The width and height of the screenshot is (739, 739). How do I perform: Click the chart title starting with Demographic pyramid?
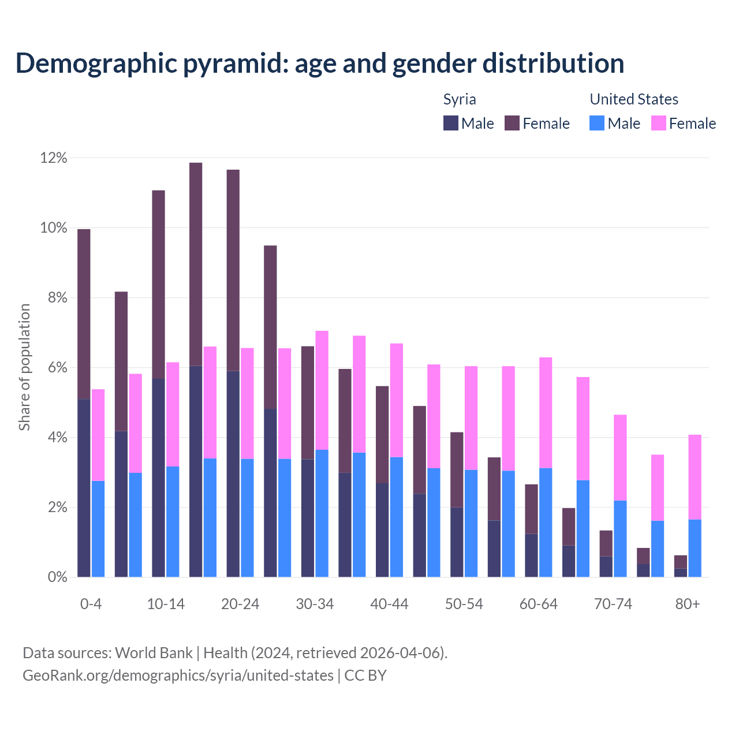[x=319, y=64]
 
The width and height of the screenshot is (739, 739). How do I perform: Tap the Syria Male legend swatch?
[x=450, y=123]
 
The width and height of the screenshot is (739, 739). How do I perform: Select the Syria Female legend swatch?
[x=512, y=123]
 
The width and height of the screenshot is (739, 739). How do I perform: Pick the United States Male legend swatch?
[x=597, y=123]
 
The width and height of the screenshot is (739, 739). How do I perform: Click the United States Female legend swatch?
[x=658, y=123]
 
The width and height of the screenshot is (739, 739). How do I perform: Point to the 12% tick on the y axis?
[x=53, y=158]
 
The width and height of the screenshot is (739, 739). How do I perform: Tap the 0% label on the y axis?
[x=57, y=577]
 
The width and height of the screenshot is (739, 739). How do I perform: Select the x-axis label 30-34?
[x=315, y=604]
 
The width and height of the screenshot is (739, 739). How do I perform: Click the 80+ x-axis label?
[x=687, y=604]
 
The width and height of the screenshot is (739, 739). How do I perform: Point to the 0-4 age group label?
[x=91, y=604]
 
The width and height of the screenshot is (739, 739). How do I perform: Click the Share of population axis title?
[x=24, y=367]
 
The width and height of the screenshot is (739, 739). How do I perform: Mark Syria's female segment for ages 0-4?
[x=84, y=314]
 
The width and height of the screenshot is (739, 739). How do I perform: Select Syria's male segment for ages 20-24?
[x=233, y=473]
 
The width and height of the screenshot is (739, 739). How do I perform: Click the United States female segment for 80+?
[x=695, y=477]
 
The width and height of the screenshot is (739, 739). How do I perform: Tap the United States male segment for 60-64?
[x=546, y=522]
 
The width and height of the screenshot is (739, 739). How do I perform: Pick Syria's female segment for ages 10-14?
[x=158, y=284]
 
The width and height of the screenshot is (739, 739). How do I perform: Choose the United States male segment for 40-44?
[x=397, y=517]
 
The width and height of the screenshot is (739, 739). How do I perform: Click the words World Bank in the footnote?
[x=154, y=653]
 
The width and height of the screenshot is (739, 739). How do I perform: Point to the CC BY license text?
[x=365, y=675]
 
